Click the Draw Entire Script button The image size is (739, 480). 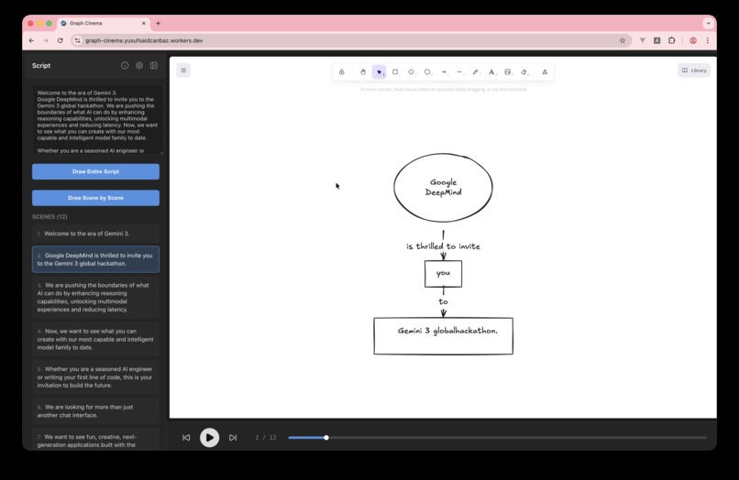(x=95, y=171)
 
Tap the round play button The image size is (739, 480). (x=209, y=438)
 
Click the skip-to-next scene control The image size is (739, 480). (x=233, y=438)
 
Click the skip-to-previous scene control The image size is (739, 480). (x=186, y=438)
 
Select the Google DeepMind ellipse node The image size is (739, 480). (x=443, y=188)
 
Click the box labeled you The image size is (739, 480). (x=443, y=273)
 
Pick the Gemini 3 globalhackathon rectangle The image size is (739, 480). (x=443, y=335)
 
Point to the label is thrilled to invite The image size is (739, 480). (x=443, y=246)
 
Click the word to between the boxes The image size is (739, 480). (x=443, y=301)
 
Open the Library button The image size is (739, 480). (x=694, y=70)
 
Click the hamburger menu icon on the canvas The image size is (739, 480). (x=183, y=70)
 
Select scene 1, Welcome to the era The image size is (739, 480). (x=95, y=234)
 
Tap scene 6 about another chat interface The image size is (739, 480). (x=95, y=410)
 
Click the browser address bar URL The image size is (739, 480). (x=144, y=40)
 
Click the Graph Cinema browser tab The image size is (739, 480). (x=101, y=23)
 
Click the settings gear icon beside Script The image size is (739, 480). (x=139, y=66)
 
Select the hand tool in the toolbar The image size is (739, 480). (x=363, y=71)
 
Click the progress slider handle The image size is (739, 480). (x=326, y=438)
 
